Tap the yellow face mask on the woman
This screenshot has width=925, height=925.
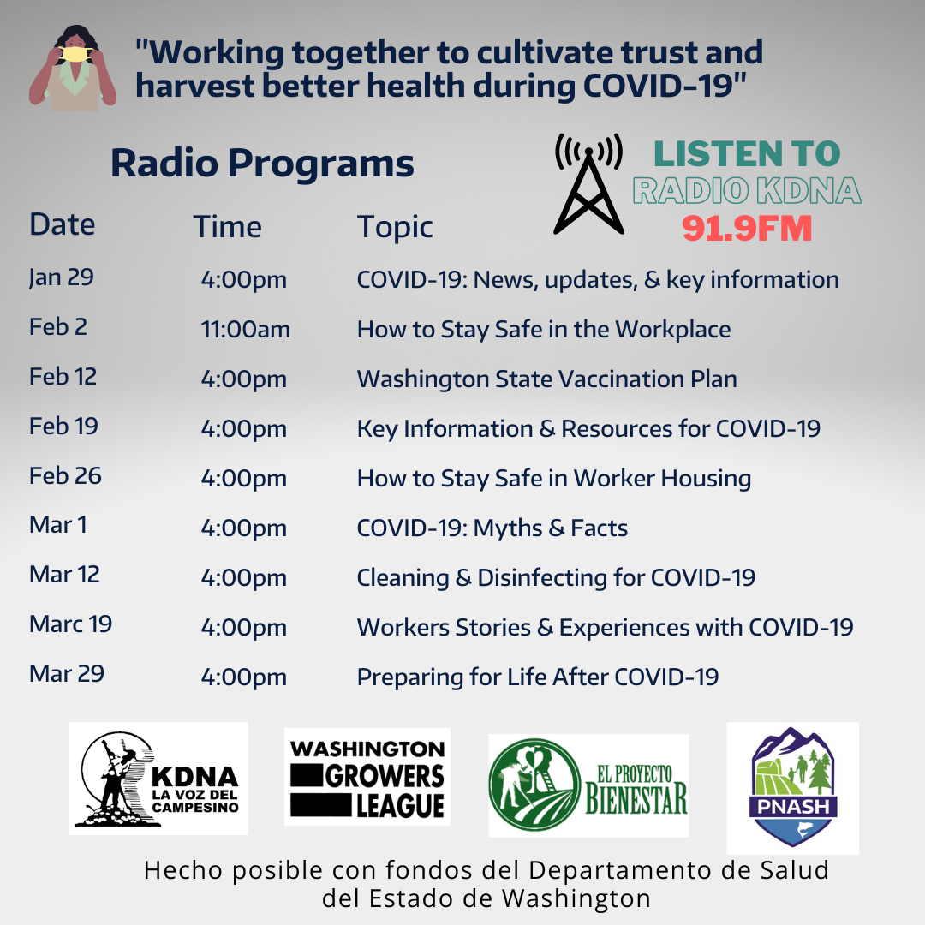[x=76, y=54]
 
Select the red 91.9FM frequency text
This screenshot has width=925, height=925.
[x=747, y=229]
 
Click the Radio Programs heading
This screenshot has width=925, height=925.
[x=263, y=163]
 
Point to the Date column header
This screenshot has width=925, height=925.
[x=62, y=224]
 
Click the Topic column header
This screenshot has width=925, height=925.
[x=395, y=228]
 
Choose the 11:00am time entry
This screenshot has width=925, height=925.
[x=246, y=329]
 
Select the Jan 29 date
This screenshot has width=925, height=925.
[x=62, y=277]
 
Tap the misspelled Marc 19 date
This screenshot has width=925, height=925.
[x=71, y=624]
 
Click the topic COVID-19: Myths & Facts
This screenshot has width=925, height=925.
[x=492, y=528]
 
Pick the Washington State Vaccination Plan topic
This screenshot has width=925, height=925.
[x=546, y=379]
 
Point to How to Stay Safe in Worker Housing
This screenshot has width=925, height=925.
[x=554, y=479]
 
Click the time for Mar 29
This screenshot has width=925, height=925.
[x=243, y=677]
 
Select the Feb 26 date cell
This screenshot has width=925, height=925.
[x=65, y=475]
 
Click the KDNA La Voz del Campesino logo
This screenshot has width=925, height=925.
[x=158, y=779]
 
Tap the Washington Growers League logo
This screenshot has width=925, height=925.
[x=367, y=777]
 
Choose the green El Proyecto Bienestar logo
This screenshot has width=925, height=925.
[x=588, y=785]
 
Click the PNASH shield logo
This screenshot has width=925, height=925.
[x=793, y=788]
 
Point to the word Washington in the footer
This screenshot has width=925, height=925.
[x=576, y=898]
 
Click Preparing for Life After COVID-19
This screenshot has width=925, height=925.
[x=537, y=677]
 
